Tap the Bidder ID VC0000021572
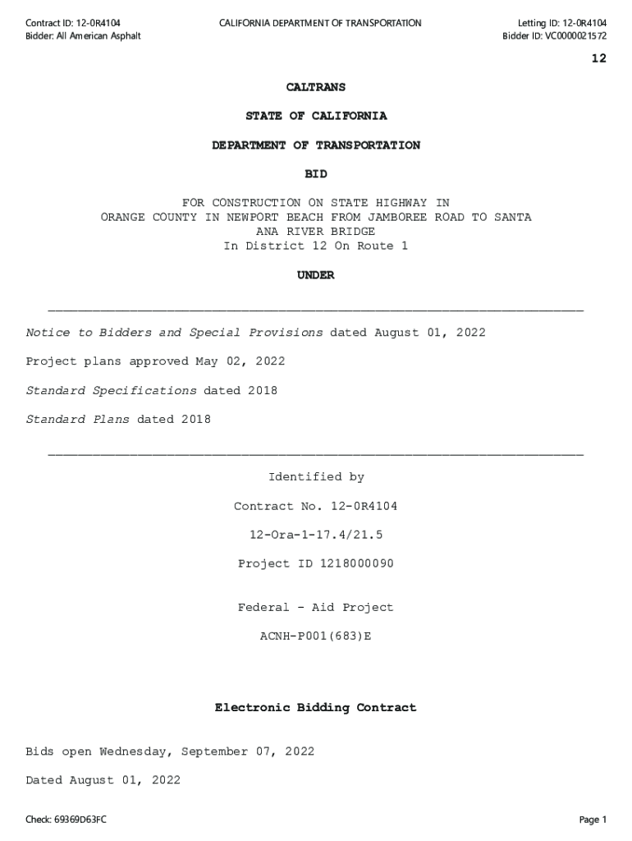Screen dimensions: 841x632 [574, 35]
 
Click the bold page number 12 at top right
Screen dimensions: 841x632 [598, 58]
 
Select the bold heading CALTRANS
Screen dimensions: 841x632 [316, 87]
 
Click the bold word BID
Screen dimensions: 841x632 [316, 174]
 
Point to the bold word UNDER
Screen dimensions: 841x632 [316, 275]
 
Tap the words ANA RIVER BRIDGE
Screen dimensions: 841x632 [316, 232]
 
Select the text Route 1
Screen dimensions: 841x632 [382, 246]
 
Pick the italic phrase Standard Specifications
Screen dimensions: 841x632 [111, 390]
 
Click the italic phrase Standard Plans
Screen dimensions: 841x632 [77, 420]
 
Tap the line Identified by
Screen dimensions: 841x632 [316, 477]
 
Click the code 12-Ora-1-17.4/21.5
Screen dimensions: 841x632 [316, 535]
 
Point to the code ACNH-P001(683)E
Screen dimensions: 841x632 [316, 636]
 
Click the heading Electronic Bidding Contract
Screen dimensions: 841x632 [316, 707]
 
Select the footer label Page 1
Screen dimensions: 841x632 [592, 820]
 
